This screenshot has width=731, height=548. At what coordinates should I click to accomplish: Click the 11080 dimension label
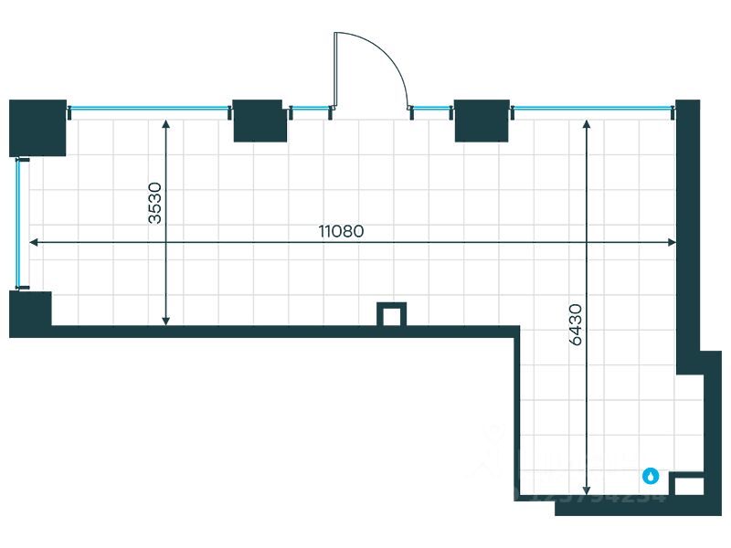pos(341,231)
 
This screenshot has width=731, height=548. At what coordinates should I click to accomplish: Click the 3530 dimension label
pos(155,203)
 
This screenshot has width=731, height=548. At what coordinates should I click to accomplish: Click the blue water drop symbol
pos(651,476)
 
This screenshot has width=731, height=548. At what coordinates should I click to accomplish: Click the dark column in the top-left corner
pos(37,127)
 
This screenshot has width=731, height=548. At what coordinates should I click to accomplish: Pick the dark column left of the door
pos(260,121)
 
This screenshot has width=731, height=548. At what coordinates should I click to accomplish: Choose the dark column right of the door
pos(482,121)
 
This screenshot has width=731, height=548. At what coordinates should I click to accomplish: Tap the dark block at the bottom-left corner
pos(30,313)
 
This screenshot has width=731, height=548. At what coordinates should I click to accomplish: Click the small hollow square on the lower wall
pos(392,315)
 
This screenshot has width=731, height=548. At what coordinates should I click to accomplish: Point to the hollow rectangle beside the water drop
pos(687,485)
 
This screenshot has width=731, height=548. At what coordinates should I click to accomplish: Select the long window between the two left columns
pos(150,109)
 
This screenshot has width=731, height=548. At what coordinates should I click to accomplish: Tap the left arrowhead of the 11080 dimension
pos(33,242)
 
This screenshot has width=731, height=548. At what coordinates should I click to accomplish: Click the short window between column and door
pos(311,109)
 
